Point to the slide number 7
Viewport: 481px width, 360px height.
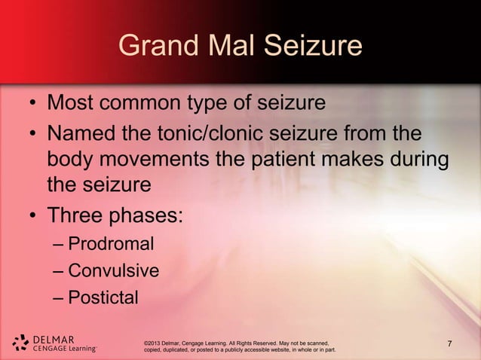pyautogui.click(x=450, y=345)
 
